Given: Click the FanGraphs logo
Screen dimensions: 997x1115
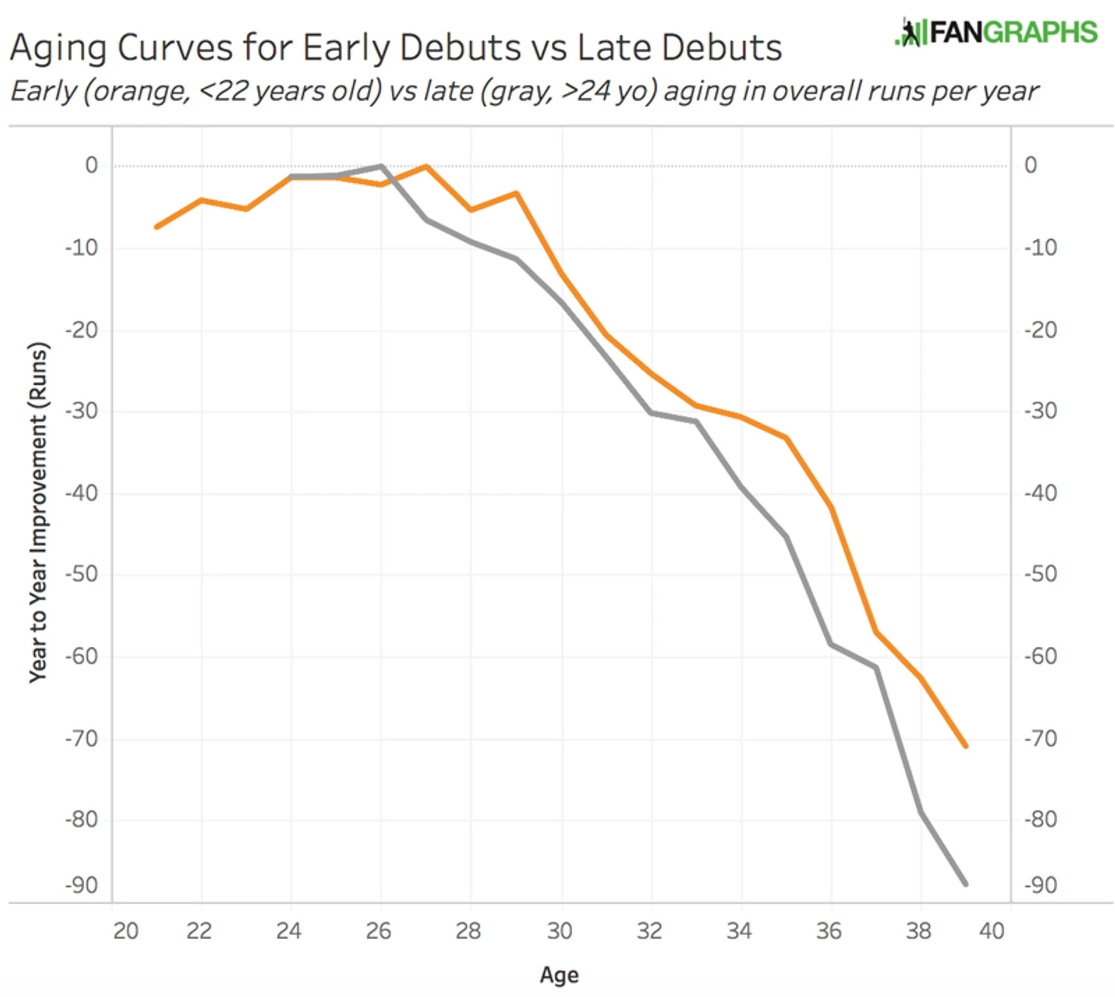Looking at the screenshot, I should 996,32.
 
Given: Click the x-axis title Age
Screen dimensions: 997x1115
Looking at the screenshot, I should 559,975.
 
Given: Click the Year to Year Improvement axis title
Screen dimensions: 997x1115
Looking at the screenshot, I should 38,512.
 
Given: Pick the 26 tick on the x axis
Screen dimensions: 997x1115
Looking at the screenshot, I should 379,931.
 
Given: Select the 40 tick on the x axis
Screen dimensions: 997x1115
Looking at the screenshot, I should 992,931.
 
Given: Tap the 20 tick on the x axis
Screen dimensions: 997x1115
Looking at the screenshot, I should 126,931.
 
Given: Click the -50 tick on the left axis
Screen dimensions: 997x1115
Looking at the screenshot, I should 82,574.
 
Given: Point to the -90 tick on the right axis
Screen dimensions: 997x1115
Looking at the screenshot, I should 1041,885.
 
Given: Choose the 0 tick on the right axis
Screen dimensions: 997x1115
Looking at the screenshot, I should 1031,165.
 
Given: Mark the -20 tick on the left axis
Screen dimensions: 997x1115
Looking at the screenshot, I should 82,330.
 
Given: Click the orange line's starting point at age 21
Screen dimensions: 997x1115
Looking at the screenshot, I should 157,227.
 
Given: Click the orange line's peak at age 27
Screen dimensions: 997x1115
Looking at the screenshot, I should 426,167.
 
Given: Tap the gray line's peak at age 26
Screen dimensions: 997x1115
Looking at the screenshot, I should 381,167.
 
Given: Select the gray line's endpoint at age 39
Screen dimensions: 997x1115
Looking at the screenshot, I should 966,884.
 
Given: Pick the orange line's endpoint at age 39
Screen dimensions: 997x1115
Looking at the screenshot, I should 966,746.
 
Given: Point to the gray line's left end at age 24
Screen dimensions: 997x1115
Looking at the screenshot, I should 291,177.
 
